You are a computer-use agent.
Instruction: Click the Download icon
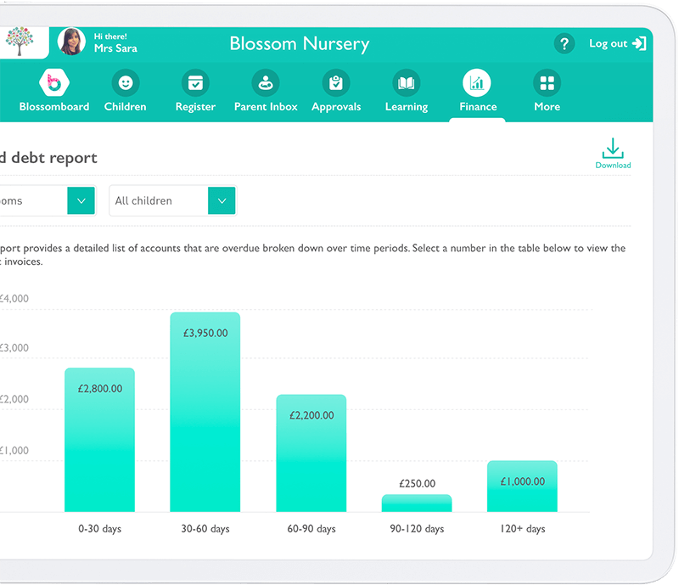[613, 149]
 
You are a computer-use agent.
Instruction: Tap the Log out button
[618, 43]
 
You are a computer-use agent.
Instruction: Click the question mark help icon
[564, 43]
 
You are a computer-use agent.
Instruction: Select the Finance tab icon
[477, 83]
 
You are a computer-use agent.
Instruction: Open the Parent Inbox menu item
[266, 83]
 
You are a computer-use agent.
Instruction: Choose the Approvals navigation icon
[336, 83]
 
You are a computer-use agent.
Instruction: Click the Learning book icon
[407, 83]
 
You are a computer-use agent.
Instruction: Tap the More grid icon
[547, 83]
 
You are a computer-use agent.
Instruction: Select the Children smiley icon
[126, 83]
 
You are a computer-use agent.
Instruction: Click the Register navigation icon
[196, 83]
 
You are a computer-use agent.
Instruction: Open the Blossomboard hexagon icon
[54, 83]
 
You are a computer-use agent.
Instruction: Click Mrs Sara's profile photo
[71, 42]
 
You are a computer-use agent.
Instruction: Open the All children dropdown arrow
[222, 201]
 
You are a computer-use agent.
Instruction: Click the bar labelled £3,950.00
[205, 412]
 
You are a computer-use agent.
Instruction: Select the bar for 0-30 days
[99, 440]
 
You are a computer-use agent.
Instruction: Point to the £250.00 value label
[417, 484]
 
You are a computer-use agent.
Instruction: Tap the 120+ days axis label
[522, 529]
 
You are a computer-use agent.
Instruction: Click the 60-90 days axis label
[311, 529]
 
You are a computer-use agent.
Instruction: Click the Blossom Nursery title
[300, 44]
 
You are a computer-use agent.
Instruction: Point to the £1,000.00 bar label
[522, 481]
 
